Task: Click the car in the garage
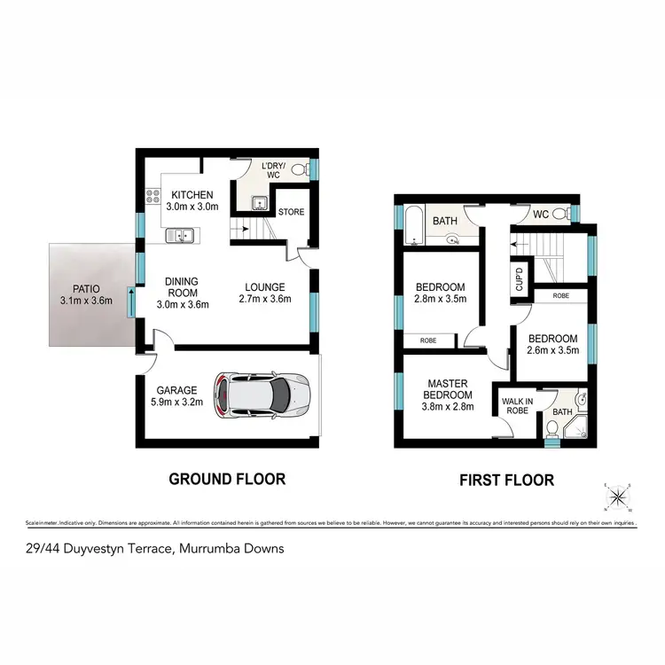point(262,396)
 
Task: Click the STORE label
point(292,213)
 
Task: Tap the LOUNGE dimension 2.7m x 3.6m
point(266,299)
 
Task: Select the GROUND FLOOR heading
point(227,480)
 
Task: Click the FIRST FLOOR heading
point(506,481)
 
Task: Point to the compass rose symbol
point(617,497)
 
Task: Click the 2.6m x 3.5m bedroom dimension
point(552,351)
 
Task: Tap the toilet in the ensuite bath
point(552,427)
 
